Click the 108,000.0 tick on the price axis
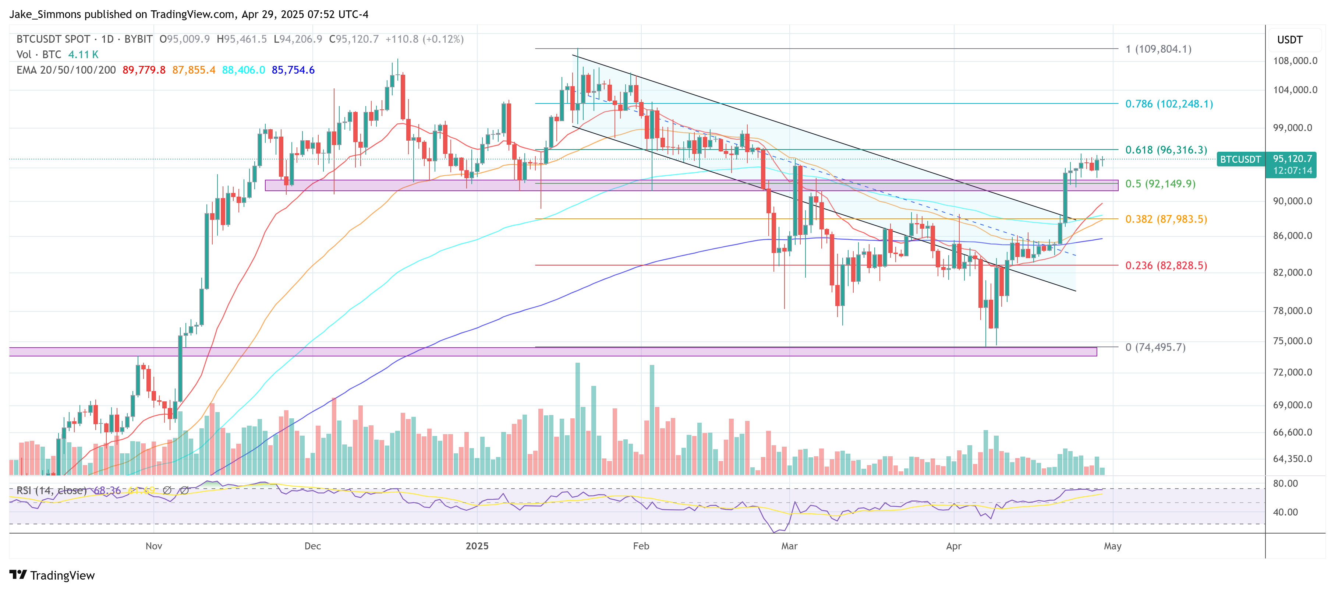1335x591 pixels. (x=1295, y=61)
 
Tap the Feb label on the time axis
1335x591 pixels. (x=641, y=546)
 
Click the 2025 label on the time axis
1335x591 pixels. (x=477, y=546)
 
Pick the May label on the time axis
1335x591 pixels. (x=1112, y=546)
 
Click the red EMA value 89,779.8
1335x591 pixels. (x=144, y=70)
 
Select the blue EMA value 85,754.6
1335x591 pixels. (x=293, y=70)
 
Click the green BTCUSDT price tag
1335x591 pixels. (x=1240, y=159)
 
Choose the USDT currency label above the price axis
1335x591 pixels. (x=1289, y=40)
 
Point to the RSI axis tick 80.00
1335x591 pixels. (x=1285, y=483)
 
